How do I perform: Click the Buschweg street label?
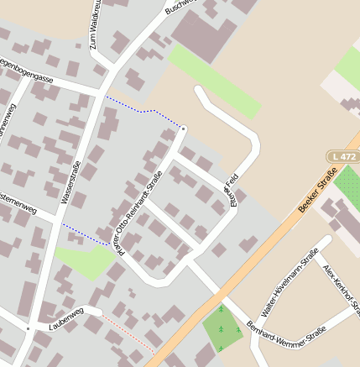pyautogui.click(x=179, y=8)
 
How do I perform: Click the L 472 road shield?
pyautogui.click(x=342, y=157)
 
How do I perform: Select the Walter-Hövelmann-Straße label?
pyautogui.click(x=290, y=282)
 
